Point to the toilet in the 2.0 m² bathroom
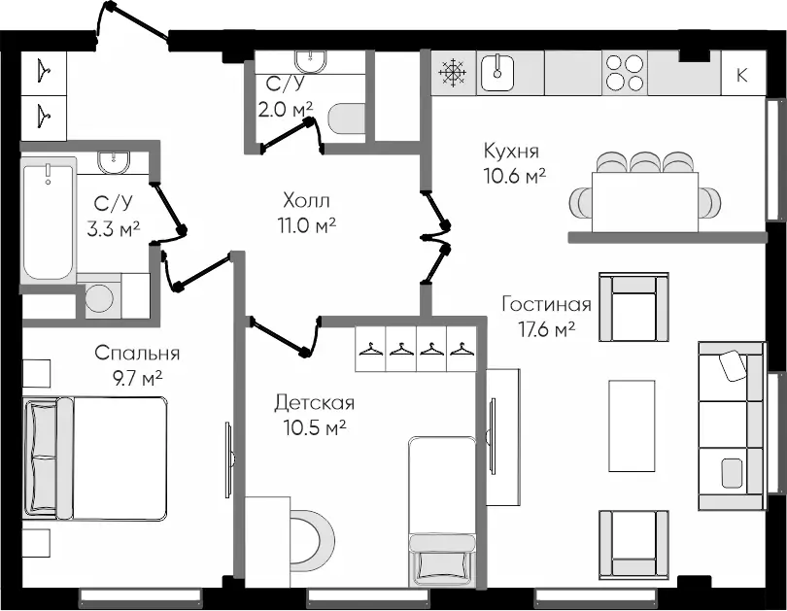coord(345,119)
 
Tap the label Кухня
coord(511,151)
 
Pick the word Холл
coord(306,200)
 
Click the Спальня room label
coord(137,354)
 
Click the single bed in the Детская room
coord(443,510)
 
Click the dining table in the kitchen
coord(646,200)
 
